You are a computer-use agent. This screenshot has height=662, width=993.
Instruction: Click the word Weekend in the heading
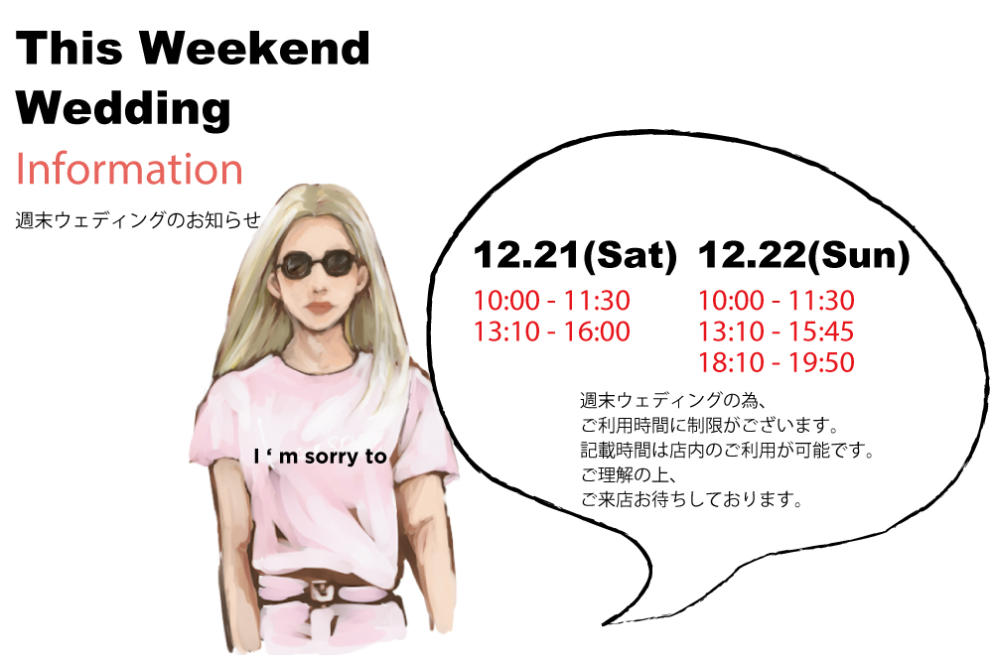254,48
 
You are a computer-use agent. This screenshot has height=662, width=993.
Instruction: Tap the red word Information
129,169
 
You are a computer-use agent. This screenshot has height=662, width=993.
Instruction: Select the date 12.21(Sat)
575,255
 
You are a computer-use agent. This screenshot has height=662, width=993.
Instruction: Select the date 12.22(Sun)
803,255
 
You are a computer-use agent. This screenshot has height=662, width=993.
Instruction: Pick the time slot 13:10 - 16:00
552,331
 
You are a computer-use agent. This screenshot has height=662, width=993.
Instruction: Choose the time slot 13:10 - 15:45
777,331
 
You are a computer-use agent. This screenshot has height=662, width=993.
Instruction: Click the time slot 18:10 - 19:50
777,362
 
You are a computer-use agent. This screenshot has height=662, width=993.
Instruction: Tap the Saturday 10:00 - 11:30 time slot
552,301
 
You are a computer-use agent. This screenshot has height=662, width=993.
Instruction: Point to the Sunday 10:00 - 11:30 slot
777,301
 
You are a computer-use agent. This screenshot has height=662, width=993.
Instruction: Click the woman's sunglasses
318,264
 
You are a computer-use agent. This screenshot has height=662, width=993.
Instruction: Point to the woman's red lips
319,309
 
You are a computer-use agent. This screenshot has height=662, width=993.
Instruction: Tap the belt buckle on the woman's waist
324,593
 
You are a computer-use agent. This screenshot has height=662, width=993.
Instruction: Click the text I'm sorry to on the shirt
320,457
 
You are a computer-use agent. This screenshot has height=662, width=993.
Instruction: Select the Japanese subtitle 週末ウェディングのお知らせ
138,219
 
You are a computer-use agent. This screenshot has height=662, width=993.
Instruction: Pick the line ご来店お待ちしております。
691,500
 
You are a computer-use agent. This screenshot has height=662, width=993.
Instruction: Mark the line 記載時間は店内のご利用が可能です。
728,450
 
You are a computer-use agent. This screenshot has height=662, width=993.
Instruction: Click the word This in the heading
70,48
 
